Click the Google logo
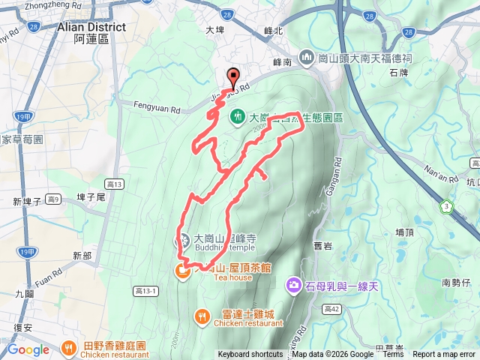28,349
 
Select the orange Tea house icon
182,272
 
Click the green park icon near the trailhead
238,116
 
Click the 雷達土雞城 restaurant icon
202,316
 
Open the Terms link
392,355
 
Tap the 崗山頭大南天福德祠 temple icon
306,57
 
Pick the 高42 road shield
333,308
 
